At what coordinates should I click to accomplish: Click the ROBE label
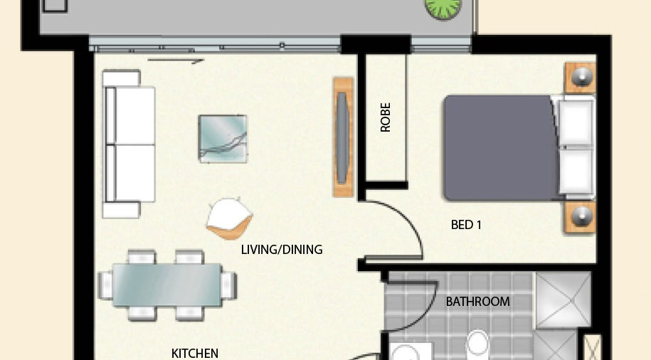[x=386, y=117]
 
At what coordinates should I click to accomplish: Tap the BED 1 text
[x=466, y=225]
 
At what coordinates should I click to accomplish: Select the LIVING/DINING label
[x=282, y=250]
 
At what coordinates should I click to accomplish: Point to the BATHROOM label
[x=477, y=302]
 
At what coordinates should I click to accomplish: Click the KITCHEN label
[x=195, y=354]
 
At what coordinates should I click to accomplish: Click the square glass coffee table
[x=223, y=139]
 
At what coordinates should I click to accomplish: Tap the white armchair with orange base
[x=229, y=218]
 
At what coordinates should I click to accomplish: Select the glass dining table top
[x=167, y=285]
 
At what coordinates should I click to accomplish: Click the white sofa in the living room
[x=129, y=144]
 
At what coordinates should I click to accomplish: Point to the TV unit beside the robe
[x=343, y=137]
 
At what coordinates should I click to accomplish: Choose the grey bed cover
[x=499, y=148]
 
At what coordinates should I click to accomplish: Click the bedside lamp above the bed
[x=580, y=78]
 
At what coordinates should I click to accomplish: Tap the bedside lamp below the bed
[x=581, y=217]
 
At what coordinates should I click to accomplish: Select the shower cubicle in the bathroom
[x=563, y=299]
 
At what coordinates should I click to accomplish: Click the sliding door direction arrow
[x=176, y=61]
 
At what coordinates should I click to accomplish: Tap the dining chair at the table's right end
[x=228, y=285]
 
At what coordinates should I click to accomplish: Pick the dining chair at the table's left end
[x=105, y=285]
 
